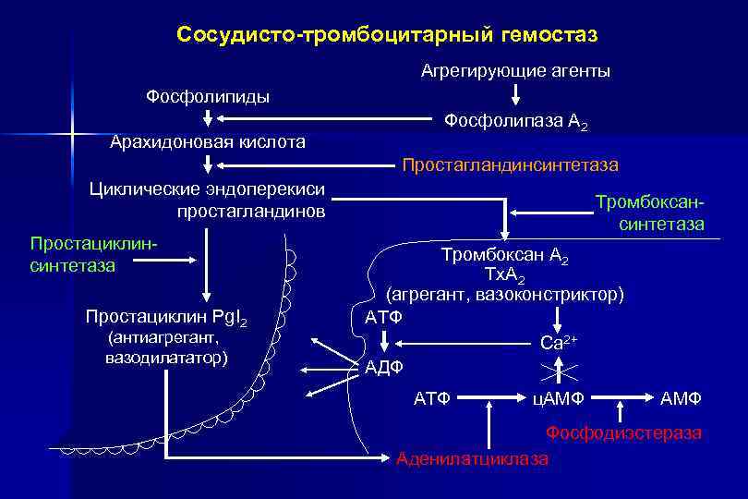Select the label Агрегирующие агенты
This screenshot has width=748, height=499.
pos(515,70)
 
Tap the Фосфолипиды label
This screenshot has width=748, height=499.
pos(208,97)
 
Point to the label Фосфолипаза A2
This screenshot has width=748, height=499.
pos(515,121)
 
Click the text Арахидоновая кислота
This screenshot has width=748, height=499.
pos(208,142)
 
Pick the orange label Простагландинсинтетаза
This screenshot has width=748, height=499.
pos(510,165)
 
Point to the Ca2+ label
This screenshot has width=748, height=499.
pos(558,343)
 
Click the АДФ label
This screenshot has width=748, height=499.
pos(384,368)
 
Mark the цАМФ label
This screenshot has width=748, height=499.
pos(557,398)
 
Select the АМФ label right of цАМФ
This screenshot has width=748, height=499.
pos(681,398)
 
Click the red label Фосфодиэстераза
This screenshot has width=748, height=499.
pos(623,432)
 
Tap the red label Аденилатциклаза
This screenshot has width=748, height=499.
pos(472,458)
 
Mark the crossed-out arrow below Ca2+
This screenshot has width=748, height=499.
pos(558,371)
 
